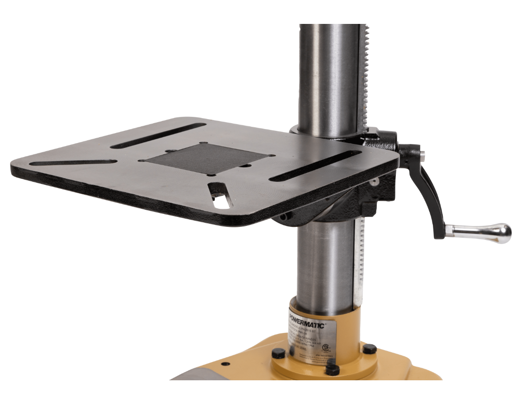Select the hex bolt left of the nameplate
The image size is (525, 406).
click(x=279, y=353)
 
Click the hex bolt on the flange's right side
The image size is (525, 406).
click(x=370, y=348)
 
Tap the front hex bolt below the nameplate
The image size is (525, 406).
click(x=332, y=369)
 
